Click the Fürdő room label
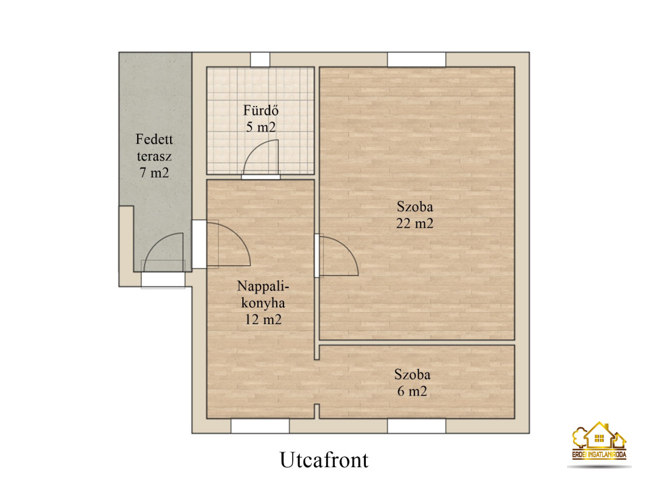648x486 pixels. click(x=261, y=110)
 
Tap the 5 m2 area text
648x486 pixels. click(x=261, y=127)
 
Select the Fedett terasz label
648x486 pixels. click(x=154, y=148)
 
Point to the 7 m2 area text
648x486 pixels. click(x=154, y=172)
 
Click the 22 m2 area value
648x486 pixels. click(x=414, y=223)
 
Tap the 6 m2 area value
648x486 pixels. click(x=412, y=391)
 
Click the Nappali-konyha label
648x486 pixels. click(x=263, y=294)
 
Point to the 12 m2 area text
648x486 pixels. click(x=263, y=319)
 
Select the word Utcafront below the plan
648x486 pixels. click(x=324, y=460)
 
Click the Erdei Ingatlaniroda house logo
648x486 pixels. click(x=599, y=441)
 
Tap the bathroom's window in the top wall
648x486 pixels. click(x=260, y=59)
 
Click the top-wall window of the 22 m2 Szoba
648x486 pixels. click(x=416, y=59)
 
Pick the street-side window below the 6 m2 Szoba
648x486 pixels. click(x=416, y=426)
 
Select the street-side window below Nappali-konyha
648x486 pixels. click(x=260, y=426)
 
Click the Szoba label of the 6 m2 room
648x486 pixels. click(x=412, y=375)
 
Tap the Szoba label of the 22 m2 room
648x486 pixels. click(x=414, y=207)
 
